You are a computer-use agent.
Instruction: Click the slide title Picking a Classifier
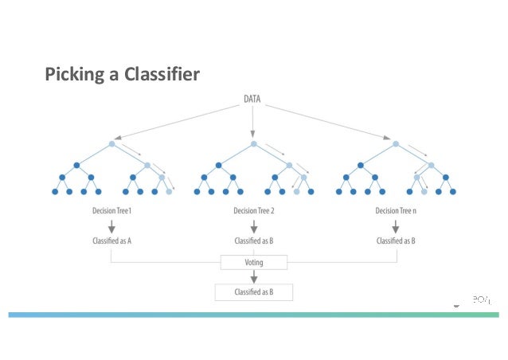[x=122, y=75]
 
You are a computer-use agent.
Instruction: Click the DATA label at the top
[x=253, y=100]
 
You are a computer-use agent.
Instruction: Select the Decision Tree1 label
[x=111, y=211]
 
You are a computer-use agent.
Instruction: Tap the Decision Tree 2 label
[x=254, y=211]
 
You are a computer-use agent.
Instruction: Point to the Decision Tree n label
[x=396, y=211]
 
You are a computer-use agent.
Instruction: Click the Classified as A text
[x=111, y=240]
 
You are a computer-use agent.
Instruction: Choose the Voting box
[x=254, y=261]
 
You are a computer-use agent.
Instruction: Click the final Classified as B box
[x=254, y=292]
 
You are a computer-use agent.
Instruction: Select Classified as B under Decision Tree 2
[x=254, y=240]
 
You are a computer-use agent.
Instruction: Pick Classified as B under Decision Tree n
[x=396, y=240]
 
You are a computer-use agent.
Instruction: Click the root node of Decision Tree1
[x=112, y=144]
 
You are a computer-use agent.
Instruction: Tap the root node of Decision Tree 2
[x=254, y=144]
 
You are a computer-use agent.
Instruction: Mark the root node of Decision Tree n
[x=396, y=144]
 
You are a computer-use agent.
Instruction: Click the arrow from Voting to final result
[x=254, y=276]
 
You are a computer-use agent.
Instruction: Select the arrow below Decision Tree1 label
[x=111, y=225]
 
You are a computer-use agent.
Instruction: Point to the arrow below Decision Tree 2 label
[x=254, y=225]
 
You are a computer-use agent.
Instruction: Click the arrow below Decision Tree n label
[x=396, y=225]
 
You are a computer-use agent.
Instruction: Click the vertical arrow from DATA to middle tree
[x=253, y=121]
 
